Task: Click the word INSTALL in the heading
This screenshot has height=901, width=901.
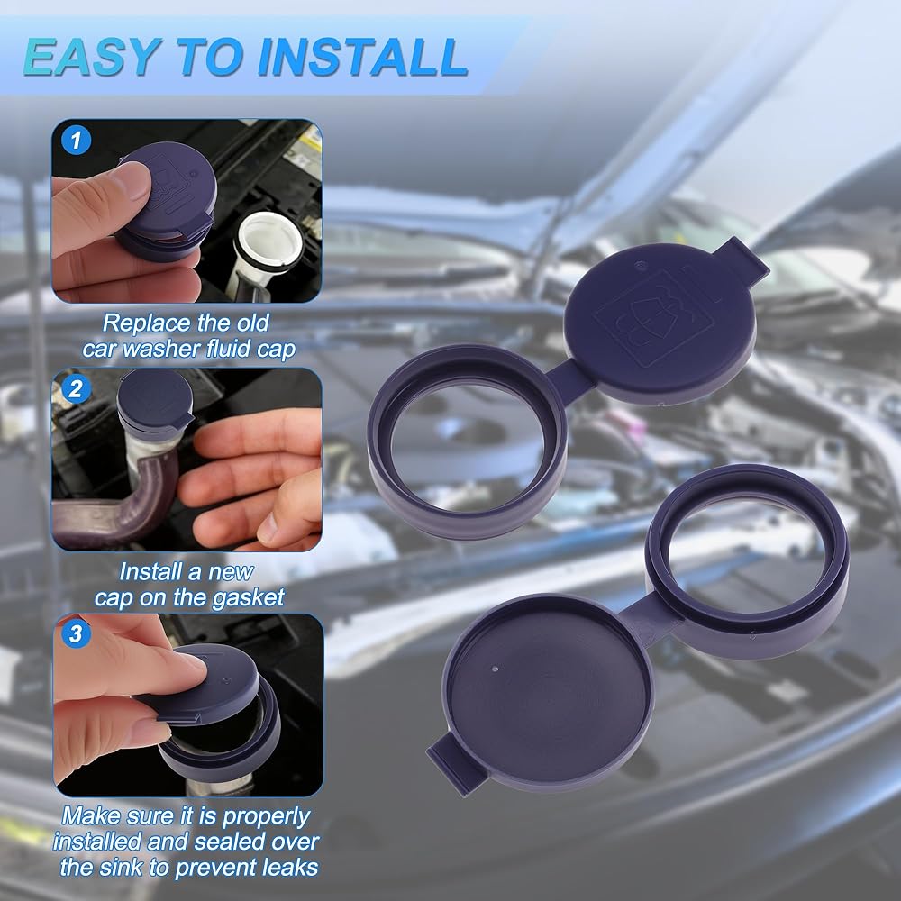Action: click(363, 57)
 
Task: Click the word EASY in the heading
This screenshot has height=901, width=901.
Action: click(91, 57)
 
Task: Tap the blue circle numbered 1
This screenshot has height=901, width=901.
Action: click(76, 141)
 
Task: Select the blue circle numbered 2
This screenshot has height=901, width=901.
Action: click(76, 389)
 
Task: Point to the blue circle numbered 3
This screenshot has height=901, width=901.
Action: click(76, 633)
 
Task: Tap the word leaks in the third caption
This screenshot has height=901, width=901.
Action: click(290, 867)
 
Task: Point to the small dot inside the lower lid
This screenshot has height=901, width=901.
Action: click(496, 669)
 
